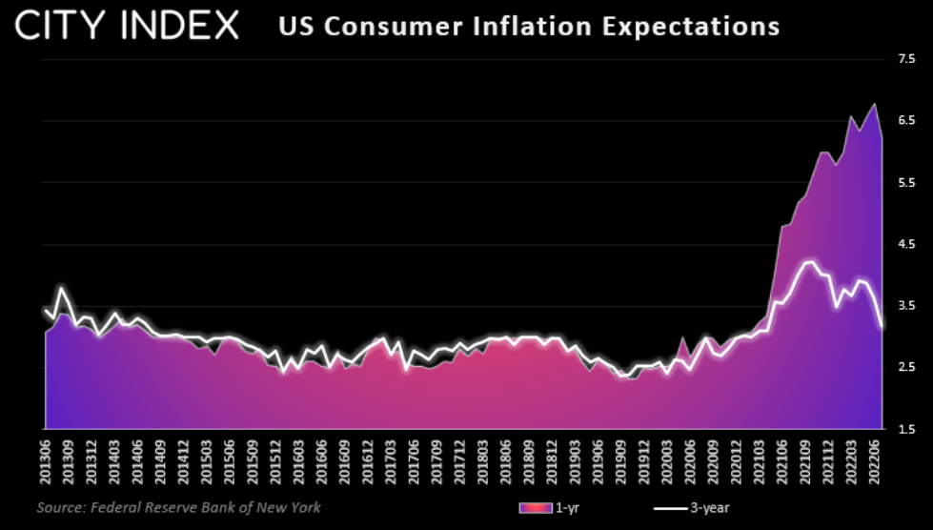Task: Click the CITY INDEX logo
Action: (127, 26)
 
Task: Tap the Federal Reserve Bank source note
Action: (178, 508)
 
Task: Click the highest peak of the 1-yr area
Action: (874, 104)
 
